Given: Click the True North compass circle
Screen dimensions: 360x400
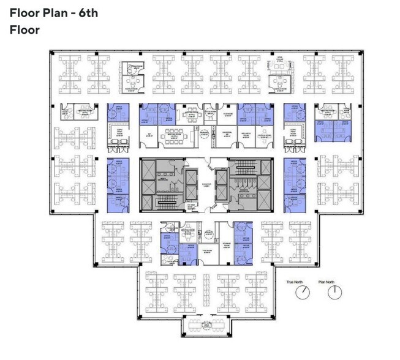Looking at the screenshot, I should pyautogui.click(x=300, y=293).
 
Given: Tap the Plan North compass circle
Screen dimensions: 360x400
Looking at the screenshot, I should pyautogui.click(x=334, y=293).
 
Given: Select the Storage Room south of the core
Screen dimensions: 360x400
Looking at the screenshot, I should pyautogui.click(x=223, y=249).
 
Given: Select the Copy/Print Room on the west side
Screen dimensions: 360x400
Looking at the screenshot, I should pyautogui.click(x=118, y=135).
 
